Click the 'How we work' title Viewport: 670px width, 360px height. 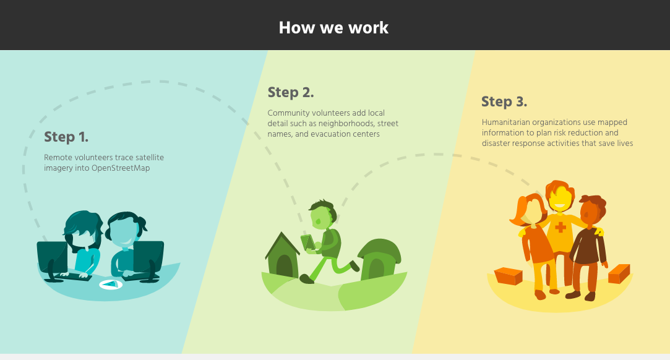pos(333,28)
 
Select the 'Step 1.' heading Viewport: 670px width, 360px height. pos(66,137)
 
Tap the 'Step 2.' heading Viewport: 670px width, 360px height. pos(291,92)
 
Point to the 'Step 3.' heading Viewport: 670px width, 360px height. pos(504,101)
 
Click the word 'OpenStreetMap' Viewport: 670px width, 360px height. pos(121,168)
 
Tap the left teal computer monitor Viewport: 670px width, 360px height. pos(52,259)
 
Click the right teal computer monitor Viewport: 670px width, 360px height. pos(148,258)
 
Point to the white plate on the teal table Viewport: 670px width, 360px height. pos(111,285)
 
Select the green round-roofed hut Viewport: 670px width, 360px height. pos(379,259)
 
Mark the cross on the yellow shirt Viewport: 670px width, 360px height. pos(560,227)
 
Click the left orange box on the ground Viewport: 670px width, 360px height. pos(509,276)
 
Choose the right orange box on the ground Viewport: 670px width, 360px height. pos(619,274)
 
